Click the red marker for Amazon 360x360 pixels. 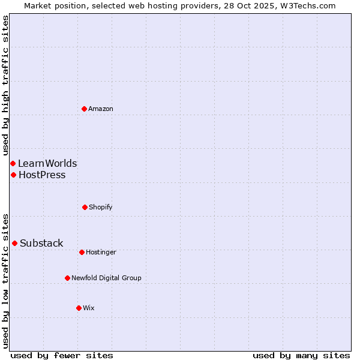coord(84,109)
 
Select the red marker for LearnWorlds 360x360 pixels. coord(13,163)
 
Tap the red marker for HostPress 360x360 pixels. coord(13,175)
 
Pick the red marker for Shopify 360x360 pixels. coord(85,207)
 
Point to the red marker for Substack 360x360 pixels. coord(14,243)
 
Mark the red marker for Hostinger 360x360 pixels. coord(82,252)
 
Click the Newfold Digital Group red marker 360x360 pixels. coord(67,278)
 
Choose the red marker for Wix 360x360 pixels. coord(79,308)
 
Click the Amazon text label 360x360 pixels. coord(101,109)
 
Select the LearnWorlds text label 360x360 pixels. coord(47,163)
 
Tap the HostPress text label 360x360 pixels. coord(42,175)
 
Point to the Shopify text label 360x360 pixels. coord(101,207)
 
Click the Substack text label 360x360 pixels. coord(41,243)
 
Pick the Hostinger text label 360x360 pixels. coord(101,252)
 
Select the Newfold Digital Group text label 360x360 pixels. coord(106,278)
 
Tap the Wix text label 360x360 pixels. coord(89,308)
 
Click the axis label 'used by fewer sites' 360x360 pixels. coord(62,355)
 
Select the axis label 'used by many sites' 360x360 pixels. coord(301,355)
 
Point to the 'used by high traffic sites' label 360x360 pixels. coord(5,85)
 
